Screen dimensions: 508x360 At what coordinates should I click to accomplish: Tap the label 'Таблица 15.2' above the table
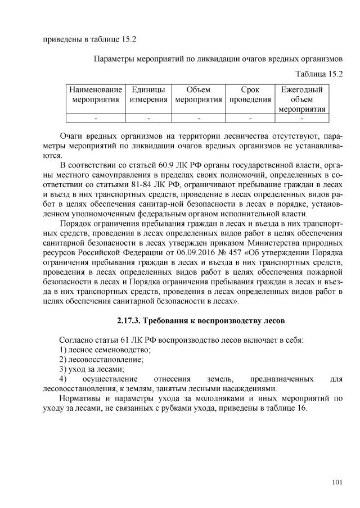[x=319, y=73]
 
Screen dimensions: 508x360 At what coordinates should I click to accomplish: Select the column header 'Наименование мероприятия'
[x=96, y=94]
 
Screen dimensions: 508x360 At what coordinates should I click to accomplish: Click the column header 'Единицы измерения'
[x=148, y=94]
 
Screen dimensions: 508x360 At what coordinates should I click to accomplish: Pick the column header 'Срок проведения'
[x=250, y=94]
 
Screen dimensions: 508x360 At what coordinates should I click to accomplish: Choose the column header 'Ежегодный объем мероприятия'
[x=302, y=99]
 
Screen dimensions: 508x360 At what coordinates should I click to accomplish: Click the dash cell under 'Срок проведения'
[x=250, y=118]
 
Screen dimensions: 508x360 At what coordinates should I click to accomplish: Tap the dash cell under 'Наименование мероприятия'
[x=96, y=118]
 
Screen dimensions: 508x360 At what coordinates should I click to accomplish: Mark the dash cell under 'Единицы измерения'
[x=148, y=118]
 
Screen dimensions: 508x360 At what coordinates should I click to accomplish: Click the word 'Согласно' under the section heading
[x=76, y=340]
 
